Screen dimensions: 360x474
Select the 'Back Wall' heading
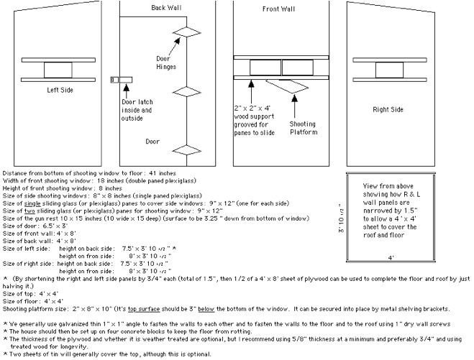pos(166,8)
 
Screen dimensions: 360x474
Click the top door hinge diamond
pos(186,31)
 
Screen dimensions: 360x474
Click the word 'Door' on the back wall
pos(153,142)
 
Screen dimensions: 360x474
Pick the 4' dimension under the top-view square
pos(391,257)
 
